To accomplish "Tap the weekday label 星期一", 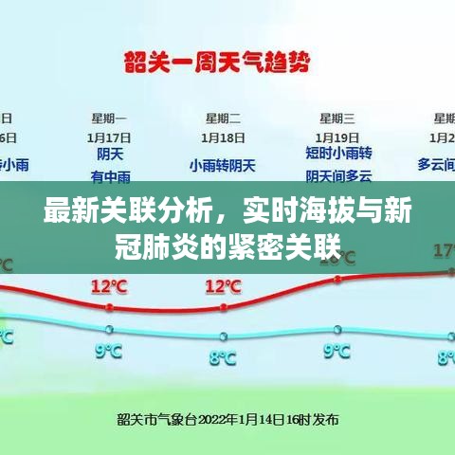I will (x=110, y=118).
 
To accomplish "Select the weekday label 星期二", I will (x=223, y=118).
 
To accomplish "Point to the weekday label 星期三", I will (x=337, y=118).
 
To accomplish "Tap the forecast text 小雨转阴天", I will (x=223, y=166).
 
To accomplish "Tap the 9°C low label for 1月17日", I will (x=110, y=352).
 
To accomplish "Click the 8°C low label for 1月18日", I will (x=223, y=358).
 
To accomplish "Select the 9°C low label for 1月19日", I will (x=337, y=352).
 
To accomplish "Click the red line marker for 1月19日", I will (x=337, y=279).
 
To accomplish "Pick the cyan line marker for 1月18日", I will (x=223, y=336).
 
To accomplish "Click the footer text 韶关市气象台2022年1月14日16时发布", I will (x=227, y=418).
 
